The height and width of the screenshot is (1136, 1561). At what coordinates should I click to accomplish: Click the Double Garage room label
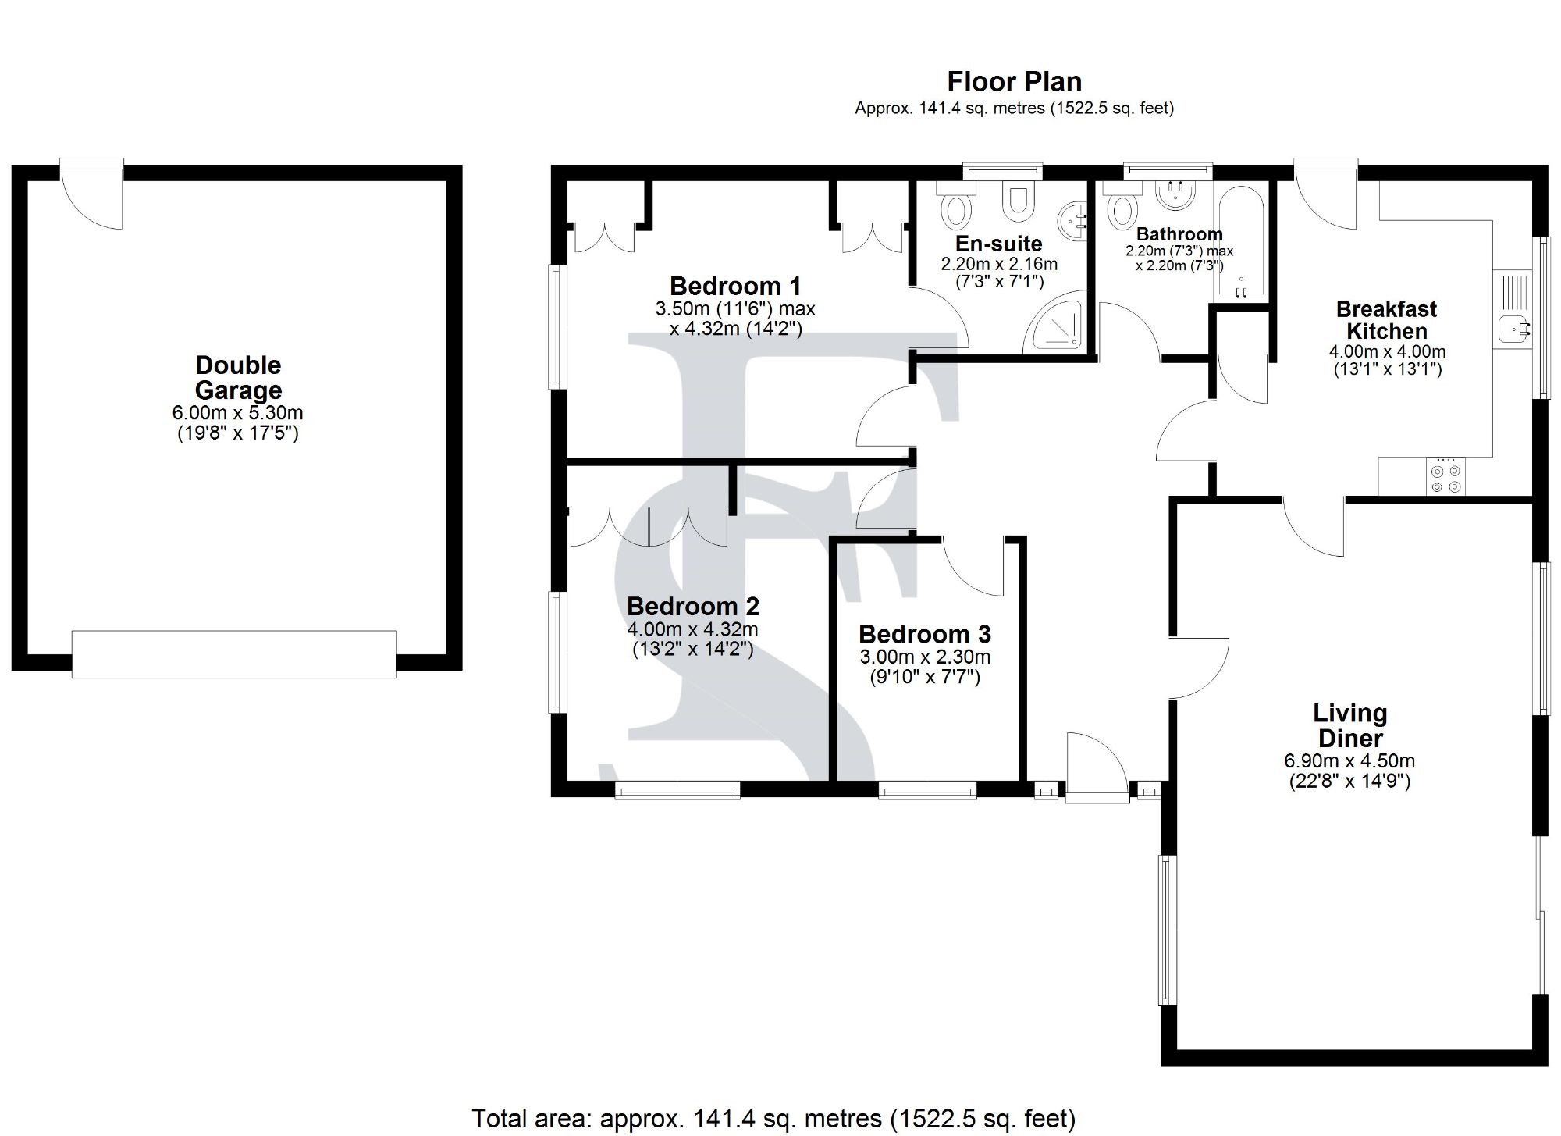click(x=238, y=377)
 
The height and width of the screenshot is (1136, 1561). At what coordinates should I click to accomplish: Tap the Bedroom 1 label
click(x=735, y=286)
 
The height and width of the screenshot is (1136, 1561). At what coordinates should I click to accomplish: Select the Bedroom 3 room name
click(x=925, y=634)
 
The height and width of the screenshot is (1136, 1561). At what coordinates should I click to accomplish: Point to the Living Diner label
click(x=1350, y=725)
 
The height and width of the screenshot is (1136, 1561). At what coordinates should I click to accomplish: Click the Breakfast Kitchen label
click(x=1387, y=319)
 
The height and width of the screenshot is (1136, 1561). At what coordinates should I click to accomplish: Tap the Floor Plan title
click(x=1015, y=81)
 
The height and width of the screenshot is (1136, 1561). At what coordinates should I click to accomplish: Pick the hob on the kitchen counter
click(x=1445, y=476)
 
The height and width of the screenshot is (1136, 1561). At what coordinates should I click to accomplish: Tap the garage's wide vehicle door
click(x=234, y=653)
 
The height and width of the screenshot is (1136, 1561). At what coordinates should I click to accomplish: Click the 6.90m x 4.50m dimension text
click(x=1349, y=760)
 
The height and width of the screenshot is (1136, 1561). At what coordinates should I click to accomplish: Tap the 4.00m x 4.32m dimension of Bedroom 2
click(x=692, y=629)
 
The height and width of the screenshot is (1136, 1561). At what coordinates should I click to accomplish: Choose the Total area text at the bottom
click(x=773, y=1119)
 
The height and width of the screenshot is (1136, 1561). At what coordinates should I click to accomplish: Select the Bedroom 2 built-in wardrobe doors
click(x=649, y=526)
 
